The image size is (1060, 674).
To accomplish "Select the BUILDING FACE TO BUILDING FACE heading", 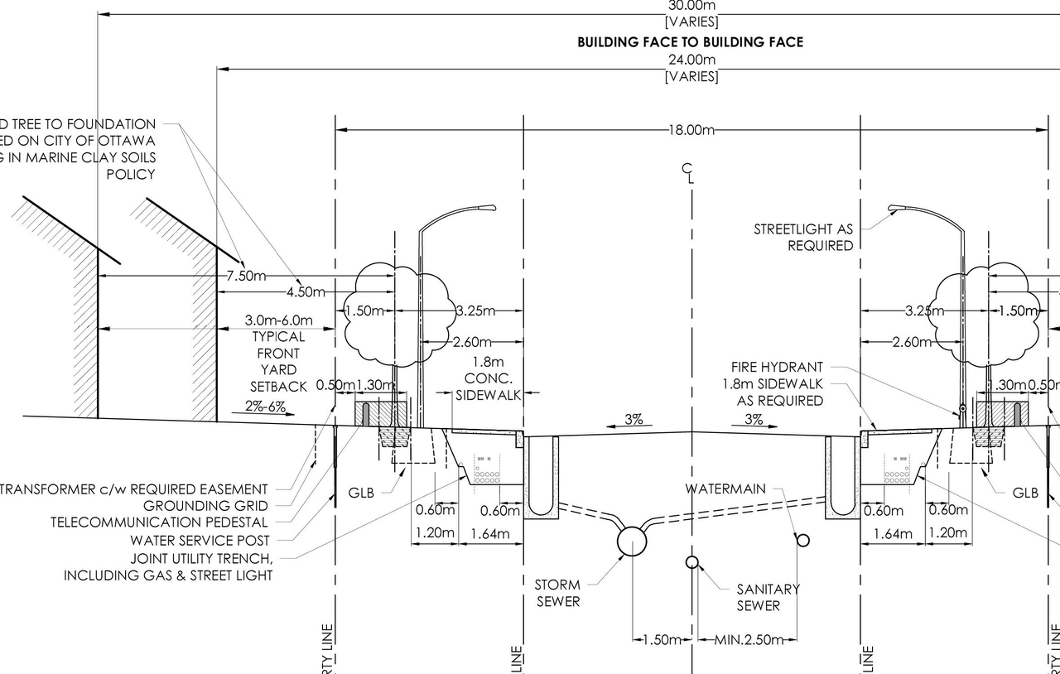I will tap(690, 41).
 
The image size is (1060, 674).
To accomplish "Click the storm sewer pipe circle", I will tap(633, 542).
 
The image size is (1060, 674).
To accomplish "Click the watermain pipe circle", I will tap(802, 541).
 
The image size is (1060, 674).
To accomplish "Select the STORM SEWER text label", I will tap(557, 593).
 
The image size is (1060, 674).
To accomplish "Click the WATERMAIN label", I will tap(725, 489).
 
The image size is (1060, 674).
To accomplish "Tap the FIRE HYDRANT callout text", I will tap(777, 367).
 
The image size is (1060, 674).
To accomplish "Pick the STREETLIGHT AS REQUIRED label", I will tap(802, 237).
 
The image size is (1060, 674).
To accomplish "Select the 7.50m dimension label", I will tap(246, 276).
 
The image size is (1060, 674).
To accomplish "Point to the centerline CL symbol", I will tap(688, 173).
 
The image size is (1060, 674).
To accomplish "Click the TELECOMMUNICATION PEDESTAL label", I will tap(159, 522).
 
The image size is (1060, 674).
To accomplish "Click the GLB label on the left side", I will tap(361, 493).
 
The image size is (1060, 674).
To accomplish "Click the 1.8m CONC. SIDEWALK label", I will tap(489, 378).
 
